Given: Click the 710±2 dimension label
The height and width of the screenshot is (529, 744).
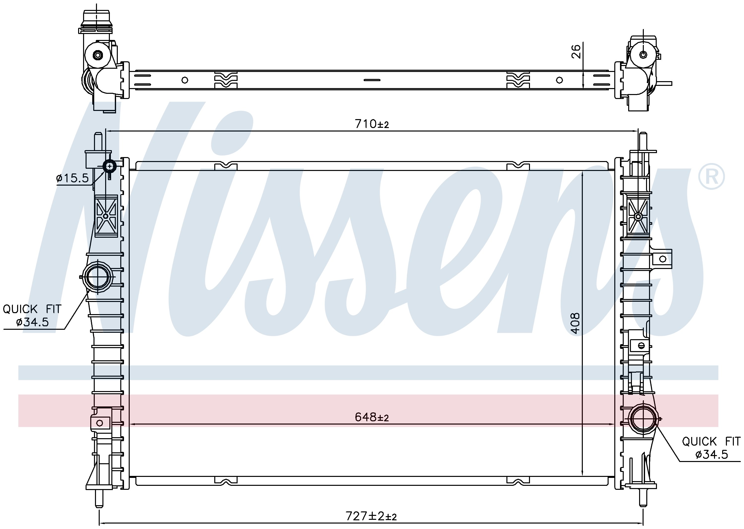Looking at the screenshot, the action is click(x=372, y=124).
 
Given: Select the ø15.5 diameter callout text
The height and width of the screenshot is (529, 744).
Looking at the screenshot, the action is click(x=72, y=178).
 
